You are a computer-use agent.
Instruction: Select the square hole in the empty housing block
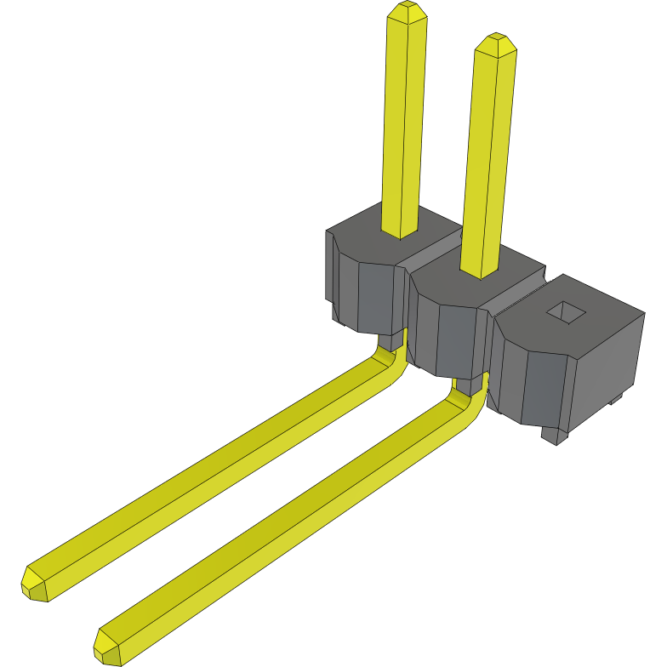coord(566,312)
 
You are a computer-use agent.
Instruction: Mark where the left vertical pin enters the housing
coord(399,231)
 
